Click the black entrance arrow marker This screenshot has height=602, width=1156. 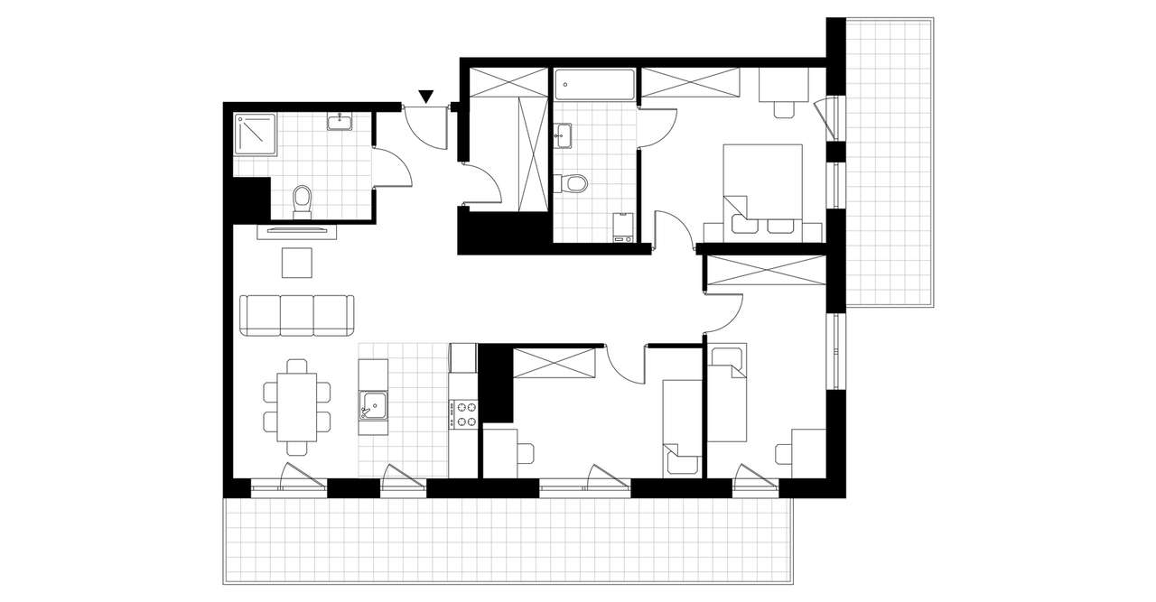click(x=426, y=96)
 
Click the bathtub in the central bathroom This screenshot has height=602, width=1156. click(x=595, y=85)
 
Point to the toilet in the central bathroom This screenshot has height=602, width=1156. click(x=573, y=183)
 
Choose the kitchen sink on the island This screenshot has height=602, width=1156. click(x=372, y=405)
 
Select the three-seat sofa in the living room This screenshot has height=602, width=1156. click(x=296, y=314)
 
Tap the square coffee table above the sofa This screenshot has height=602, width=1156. click(x=297, y=263)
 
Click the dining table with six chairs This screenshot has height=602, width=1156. click(x=296, y=406)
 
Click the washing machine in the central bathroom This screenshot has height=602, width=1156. click(x=621, y=227)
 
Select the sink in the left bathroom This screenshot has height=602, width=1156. click(x=340, y=122)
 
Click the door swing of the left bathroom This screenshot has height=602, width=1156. click(x=392, y=167)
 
